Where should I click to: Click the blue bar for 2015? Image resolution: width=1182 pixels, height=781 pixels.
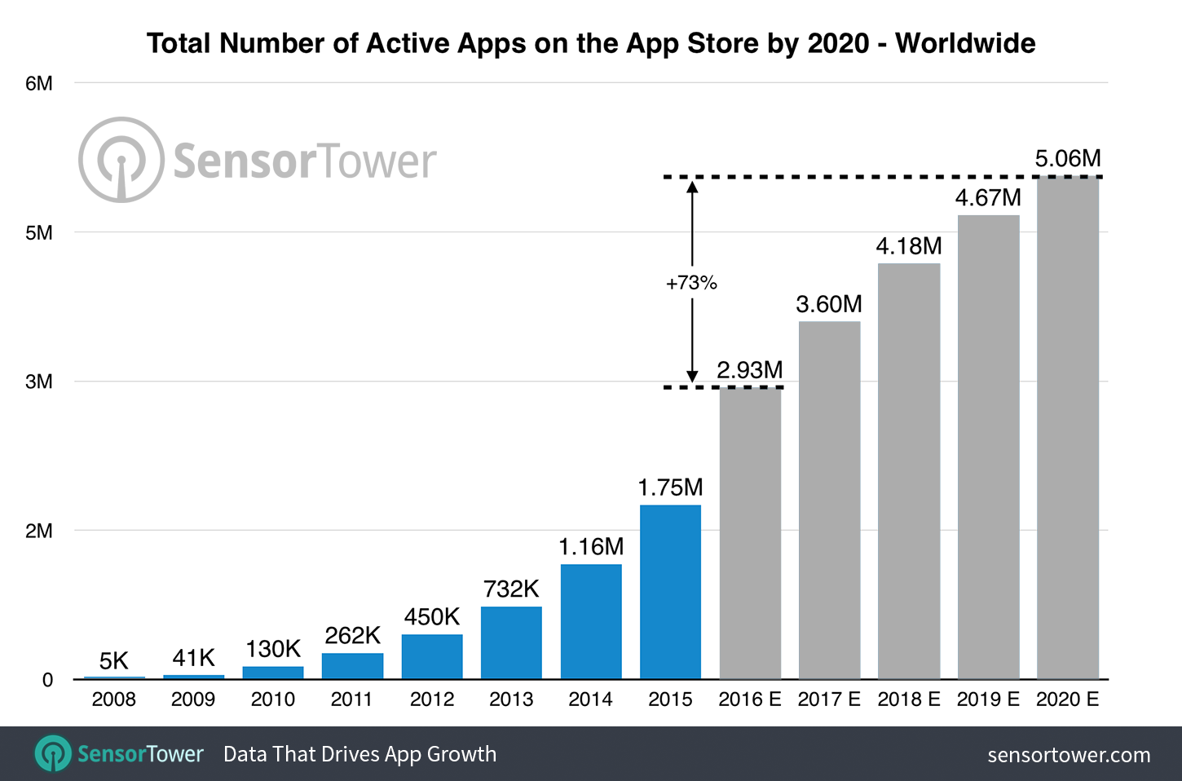coord(670,592)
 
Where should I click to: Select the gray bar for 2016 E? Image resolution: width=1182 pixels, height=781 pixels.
coord(750,533)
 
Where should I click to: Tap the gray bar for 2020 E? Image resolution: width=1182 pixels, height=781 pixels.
coord(1068,428)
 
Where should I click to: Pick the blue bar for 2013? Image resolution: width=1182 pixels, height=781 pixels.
coord(511,642)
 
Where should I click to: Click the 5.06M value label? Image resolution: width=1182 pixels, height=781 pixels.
coord(1068,158)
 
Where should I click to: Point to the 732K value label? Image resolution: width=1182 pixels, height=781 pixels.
coord(511,589)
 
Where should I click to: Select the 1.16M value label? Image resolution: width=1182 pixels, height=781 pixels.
coord(591,546)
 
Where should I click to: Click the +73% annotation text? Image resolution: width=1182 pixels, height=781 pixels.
coord(691,283)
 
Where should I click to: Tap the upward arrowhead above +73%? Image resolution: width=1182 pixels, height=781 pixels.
coord(692,187)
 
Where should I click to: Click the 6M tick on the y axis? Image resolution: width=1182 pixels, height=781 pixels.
coord(38,83)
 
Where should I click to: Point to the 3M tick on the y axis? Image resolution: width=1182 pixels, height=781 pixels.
coord(38,382)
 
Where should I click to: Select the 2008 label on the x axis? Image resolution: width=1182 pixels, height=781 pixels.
coord(113,699)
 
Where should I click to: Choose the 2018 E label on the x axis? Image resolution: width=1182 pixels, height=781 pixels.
coord(909,699)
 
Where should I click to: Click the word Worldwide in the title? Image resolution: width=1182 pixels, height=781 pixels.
coord(965,43)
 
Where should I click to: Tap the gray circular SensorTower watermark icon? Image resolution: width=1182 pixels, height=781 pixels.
coord(121,160)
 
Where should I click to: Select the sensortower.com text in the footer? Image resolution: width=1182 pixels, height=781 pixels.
coord(1069,755)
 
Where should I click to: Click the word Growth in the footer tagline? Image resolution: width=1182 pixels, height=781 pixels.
coord(461,754)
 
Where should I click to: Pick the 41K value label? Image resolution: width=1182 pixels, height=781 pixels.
coord(193,658)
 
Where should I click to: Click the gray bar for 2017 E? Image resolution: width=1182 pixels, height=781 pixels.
coord(829,501)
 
